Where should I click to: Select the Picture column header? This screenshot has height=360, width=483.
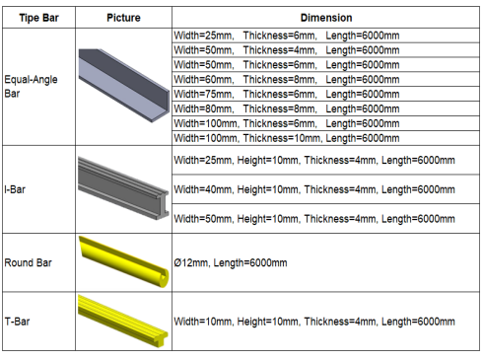click(x=123, y=19)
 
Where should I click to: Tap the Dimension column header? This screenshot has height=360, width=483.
click(x=325, y=19)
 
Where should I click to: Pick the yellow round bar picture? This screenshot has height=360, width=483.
click(x=123, y=263)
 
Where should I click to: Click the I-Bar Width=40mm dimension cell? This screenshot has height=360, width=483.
click(x=313, y=188)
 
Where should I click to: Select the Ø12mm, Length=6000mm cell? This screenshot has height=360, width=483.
click(x=231, y=263)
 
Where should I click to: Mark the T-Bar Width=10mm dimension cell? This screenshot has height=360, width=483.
click(x=313, y=320)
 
